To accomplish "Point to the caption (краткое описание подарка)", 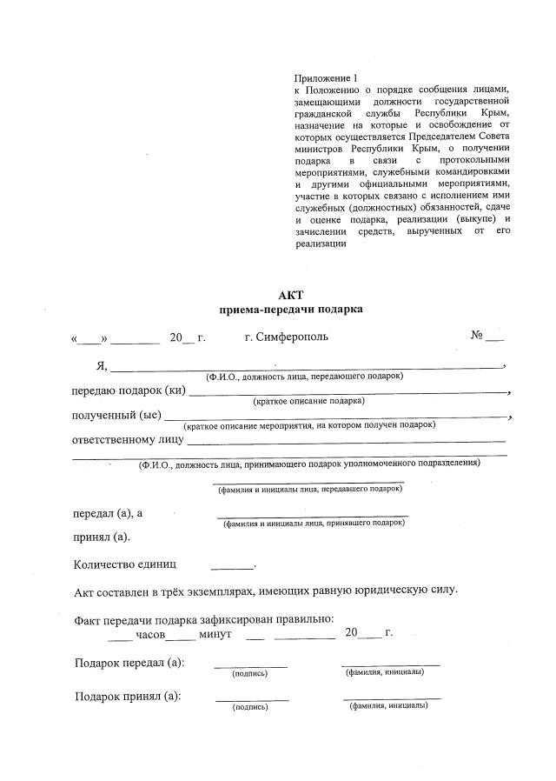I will point(308,401).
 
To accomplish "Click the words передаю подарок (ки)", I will point(128,390).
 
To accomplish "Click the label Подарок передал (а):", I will point(129,663).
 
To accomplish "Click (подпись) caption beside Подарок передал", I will point(249,674).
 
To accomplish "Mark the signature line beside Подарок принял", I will point(252,699).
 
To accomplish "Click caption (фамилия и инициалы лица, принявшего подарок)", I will point(314,524).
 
